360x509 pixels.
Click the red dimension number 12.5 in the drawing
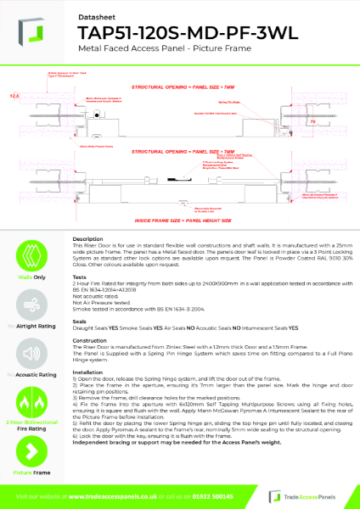[14, 97]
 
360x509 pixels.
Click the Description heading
[88, 239]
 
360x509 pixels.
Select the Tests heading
[80, 277]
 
